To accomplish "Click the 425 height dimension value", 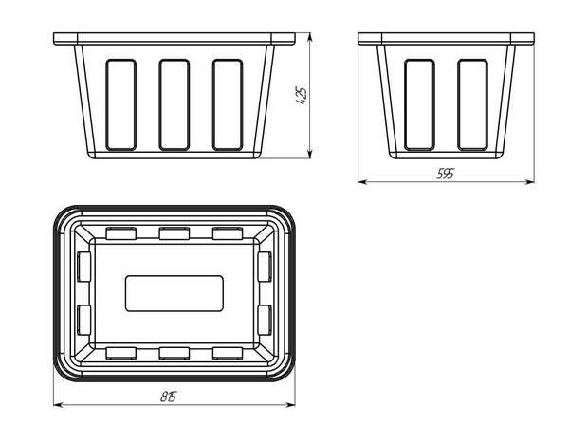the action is tap(302, 96).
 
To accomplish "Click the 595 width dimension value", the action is tap(445, 175).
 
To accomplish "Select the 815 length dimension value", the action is tap(169, 397).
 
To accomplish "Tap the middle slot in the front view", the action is tap(174, 104).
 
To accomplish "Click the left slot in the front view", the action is tap(121, 104).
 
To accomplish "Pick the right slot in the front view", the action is tap(228, 104).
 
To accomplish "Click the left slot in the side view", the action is tap(419, 104).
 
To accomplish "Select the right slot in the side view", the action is tap(472, 104).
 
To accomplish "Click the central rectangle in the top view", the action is tap(174, 293).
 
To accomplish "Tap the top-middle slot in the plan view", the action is tap(174, 233).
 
